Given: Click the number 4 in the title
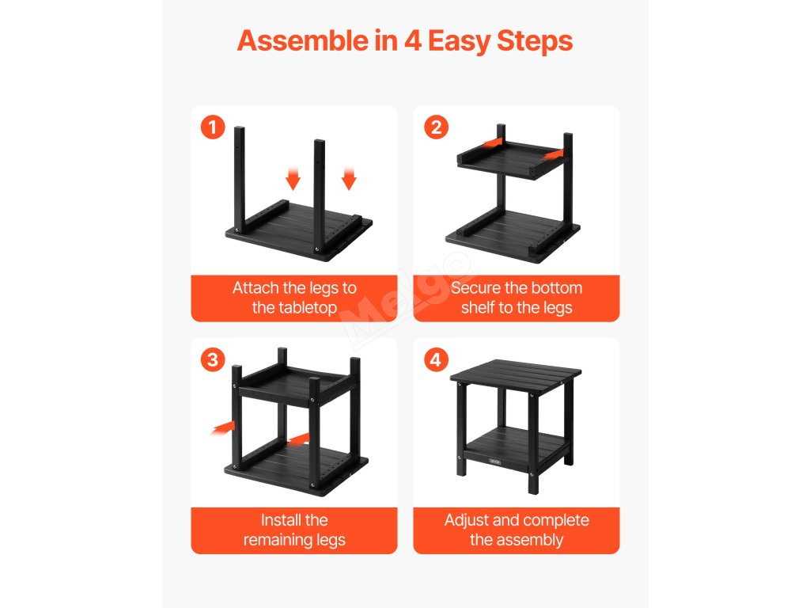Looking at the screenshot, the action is click(412, 41).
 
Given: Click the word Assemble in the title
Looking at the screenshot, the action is click(302, 41).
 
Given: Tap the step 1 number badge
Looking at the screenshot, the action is click(213, 127).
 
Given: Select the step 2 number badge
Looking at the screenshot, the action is click(436, 127).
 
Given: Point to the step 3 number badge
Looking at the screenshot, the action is click(213, 359).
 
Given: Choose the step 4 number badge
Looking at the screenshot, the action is click(436, 359).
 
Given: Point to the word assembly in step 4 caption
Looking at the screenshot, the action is click(532, 541).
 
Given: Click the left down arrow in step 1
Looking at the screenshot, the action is click(293, 178).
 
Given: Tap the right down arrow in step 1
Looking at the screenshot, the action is click(349, 178).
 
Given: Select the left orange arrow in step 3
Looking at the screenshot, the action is click(223, 427).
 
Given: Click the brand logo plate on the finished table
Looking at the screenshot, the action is click(495, 462).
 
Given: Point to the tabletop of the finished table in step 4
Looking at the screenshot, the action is click(516, 371).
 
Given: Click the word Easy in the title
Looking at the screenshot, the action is click(458, 42).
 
